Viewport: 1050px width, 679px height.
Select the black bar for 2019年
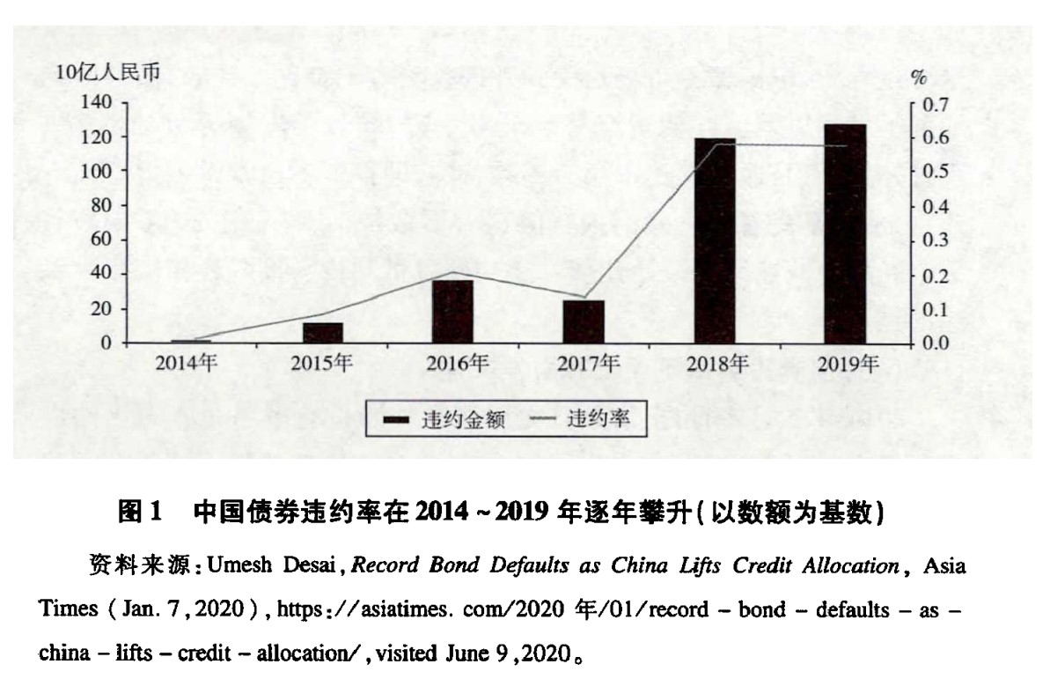click(845, 233)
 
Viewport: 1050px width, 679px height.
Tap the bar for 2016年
click(452, 311)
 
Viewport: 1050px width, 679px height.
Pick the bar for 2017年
click(584, 321)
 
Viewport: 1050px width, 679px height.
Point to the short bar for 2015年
click(322, 333)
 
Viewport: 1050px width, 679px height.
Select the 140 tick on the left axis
click(96, 103)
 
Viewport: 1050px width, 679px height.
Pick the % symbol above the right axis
click(919, 77)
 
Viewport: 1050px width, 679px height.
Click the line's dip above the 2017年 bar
click(584, 297)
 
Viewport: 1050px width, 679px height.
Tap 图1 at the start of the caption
click(142, 512)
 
